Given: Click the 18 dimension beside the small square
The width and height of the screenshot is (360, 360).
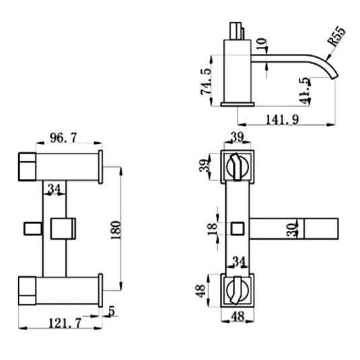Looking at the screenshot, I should [x=213, y=228].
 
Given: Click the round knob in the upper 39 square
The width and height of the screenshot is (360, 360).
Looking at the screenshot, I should [x=237, y=166].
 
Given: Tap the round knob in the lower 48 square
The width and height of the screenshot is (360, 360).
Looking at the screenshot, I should [x=237, y=290].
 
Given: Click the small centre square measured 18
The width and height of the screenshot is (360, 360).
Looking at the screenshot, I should [x=237, y=229].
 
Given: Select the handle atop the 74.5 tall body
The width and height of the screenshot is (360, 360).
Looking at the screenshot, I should [x=236, y=30].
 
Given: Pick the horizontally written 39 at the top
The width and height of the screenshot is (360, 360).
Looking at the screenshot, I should [x=237, y=137].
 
